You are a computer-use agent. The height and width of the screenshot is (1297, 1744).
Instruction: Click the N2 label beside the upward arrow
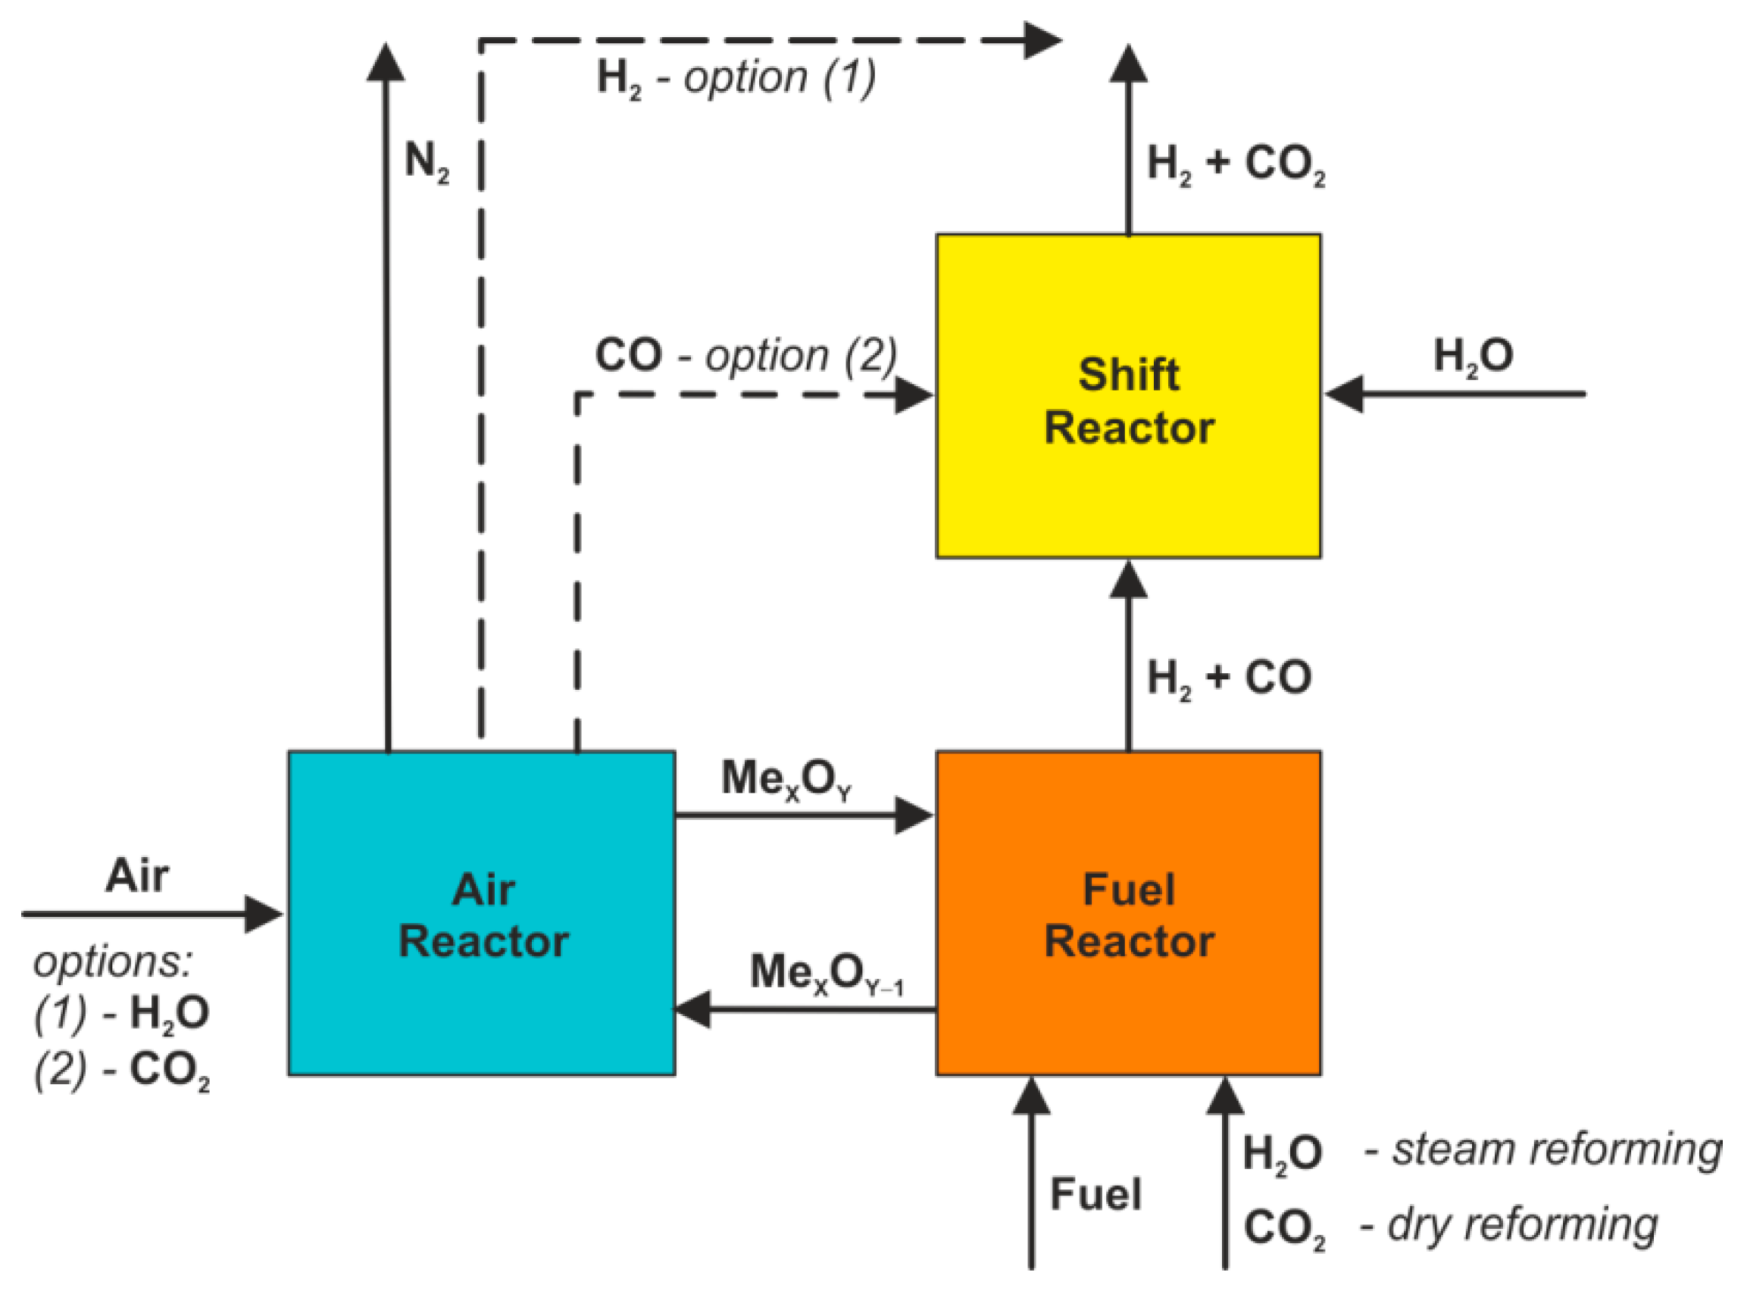tap(427, 163)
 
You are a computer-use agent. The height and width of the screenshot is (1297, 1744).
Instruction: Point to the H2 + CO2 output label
tap(1235, 165)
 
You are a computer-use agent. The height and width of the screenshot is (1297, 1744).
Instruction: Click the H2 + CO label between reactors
tap(1229, 678)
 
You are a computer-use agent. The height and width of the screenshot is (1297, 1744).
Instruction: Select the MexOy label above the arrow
tap(786, 780)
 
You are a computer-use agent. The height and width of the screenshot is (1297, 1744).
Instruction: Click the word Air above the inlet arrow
tap(136, 875)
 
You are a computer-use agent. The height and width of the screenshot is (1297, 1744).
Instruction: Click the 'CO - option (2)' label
tap(745, 356)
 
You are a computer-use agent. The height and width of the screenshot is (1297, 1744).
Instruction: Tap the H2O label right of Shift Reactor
tap(1473, 356)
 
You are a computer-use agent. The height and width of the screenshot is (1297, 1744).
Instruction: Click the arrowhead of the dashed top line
tap(1043, 40)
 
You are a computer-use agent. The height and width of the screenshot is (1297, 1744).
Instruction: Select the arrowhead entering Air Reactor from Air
tap(264, 914)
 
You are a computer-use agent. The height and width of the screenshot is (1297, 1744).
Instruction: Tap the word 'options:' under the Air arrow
tap(112, 961)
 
